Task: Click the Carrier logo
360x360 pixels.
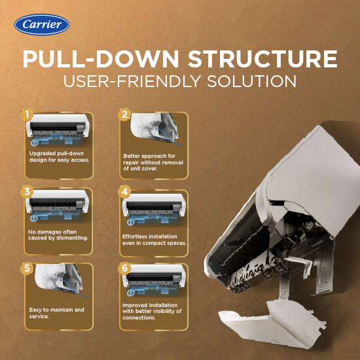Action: [x=42, y=25]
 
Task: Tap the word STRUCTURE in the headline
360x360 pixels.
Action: [x=262, y=58]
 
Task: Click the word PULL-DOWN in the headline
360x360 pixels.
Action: [x=101, y=58]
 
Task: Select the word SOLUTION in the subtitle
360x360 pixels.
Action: [x=251, y=81]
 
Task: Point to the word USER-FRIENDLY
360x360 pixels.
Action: [x=132, y=81]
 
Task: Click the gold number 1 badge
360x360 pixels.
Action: [x=27, y=115]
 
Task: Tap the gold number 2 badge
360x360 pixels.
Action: [x=124, y=115]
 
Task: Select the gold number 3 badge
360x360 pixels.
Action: [x=27, y=192]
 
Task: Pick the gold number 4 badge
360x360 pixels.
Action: [x=124, y=192]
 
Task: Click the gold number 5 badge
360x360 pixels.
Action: [x=27, y=268]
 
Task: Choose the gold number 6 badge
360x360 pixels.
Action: [x=124, y=268]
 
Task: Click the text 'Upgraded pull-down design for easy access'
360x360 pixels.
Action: [x=59, y=156]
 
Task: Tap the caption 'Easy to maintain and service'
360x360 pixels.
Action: [x=56, y=313]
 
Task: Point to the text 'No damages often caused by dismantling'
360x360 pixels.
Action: [x=58, y=235]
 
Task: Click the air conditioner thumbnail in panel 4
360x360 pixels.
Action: [x=154, y=209]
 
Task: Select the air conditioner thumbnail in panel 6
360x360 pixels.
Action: [x=154, y=280]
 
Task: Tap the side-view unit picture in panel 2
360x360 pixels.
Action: [x=156, y=129]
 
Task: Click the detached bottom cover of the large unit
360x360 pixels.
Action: [x=272, y=324]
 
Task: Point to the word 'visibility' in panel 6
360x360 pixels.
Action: [x=164, y=311]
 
